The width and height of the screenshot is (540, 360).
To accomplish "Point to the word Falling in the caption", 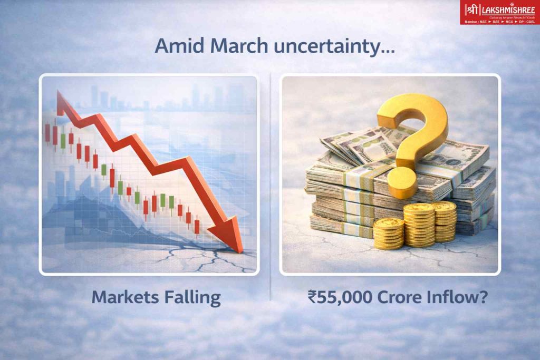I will (x=194, y=297).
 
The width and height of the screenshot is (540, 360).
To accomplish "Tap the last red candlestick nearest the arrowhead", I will (x=197, y=227).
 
